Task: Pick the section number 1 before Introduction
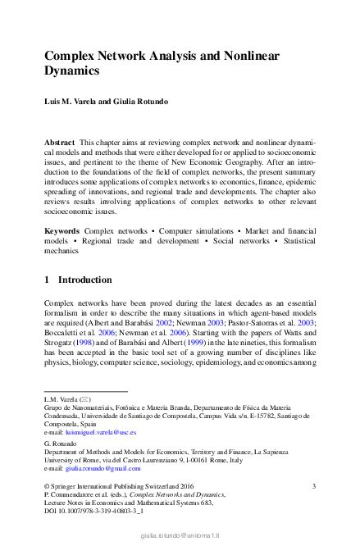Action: pos(47,280)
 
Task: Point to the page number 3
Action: pos(314,486)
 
